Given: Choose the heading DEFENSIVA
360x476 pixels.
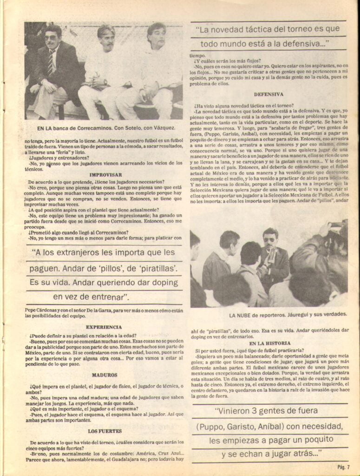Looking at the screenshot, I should pos(268,94).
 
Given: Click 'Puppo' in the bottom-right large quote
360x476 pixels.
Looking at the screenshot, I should pos(215,426).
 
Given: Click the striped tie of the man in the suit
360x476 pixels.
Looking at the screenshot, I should pos(50,64).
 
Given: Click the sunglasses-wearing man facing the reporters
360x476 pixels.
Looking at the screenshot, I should pos(271,253).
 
